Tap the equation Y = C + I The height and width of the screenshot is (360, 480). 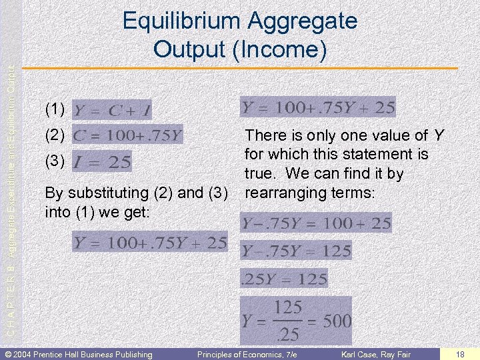pos(112,109)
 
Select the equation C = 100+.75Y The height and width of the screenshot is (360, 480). pos(127,135)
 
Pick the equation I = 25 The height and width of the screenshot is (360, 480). pos(101,161)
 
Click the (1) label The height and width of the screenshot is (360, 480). pos(55,109)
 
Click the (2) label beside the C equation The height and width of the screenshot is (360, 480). pos(55,135)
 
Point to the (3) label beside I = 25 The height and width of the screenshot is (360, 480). pos(55,161)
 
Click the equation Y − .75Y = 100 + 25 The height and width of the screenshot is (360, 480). pos(316,223)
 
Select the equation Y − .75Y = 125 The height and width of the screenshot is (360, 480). pos(296,251)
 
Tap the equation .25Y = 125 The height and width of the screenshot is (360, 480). pos(285,278)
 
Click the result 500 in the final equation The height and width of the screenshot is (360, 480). pos(337,321)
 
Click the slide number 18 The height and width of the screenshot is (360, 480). pos(461,354)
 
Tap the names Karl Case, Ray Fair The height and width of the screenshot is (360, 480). pos(377,354)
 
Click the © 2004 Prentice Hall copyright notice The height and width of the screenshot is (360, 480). pos(79,354)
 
